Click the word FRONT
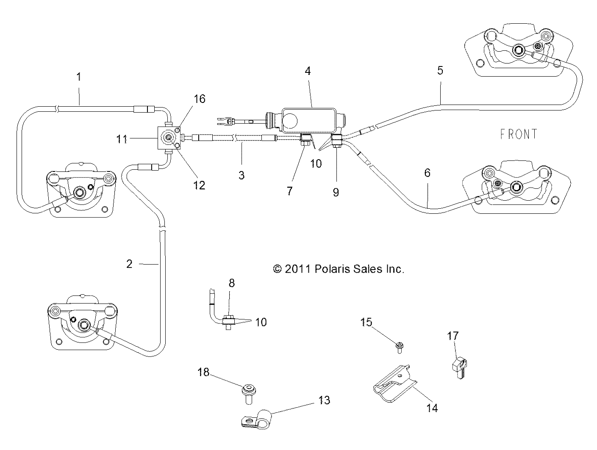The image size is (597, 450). [519, 134]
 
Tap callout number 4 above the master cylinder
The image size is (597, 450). [308, 71]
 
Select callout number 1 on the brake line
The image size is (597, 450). [79, 77]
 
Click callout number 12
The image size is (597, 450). [199, 185]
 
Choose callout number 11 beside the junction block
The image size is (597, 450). [122, 138]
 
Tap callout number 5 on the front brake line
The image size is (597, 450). [440, 70]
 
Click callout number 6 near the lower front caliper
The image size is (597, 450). [427, 173]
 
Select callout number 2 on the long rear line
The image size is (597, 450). [130, 264]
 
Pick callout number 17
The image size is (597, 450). [453, 336]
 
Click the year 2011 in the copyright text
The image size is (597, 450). [298, 269]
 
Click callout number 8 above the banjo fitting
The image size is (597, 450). [232, 283]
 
